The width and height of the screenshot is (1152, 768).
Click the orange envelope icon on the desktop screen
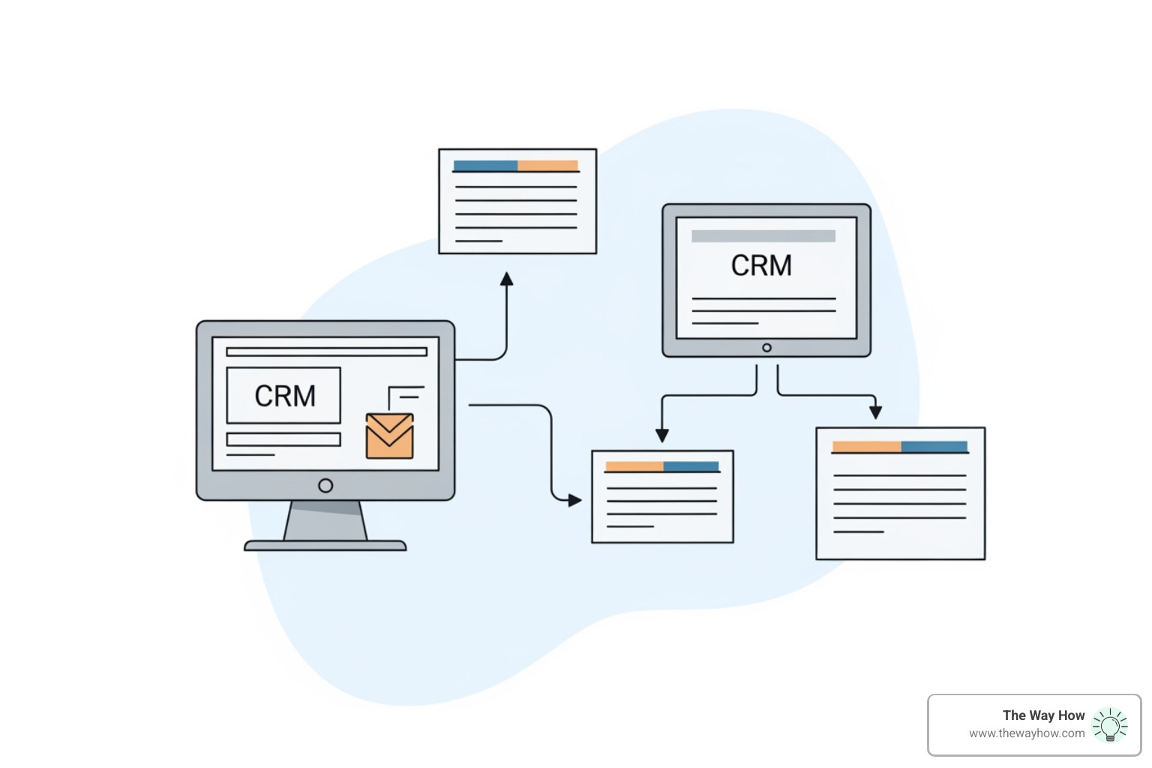click(x=389, y=436)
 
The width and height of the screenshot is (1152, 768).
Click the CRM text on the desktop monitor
click(x=285, y=396)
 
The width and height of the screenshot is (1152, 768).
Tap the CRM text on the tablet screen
click(x=761, y=265)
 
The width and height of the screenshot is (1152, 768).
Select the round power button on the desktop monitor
click(x=325, y=485)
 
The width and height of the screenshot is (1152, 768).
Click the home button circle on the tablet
click(x=766, y=348)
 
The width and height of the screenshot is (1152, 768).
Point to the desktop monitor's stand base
click(x=325, y=545)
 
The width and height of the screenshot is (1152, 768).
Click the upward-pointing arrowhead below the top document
click(x=507, y=279)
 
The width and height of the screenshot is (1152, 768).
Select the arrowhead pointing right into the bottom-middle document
click(x=574, y=499)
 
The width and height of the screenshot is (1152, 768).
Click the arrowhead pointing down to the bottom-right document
click(x=875, y=412)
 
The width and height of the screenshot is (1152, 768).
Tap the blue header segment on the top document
click(x=485, y=166)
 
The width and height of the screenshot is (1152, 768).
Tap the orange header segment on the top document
click(x=548, y=166)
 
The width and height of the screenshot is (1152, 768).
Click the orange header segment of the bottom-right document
click(x=866, y=447)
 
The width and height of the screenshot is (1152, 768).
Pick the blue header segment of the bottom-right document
click(x=934, y=447)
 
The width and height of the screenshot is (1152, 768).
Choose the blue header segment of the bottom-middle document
click(x=691, y=466)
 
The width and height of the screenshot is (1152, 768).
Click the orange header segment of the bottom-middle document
click(x=634, y=466)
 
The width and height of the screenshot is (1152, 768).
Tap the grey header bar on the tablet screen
click(x=763, y=236)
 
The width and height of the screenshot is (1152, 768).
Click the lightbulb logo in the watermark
click(x=1110, y=725)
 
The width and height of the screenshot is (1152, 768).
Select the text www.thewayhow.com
click(x=1027, y=733)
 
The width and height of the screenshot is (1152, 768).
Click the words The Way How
click(x=1043, y=715)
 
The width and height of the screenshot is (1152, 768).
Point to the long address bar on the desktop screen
click(x=326, y=352)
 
